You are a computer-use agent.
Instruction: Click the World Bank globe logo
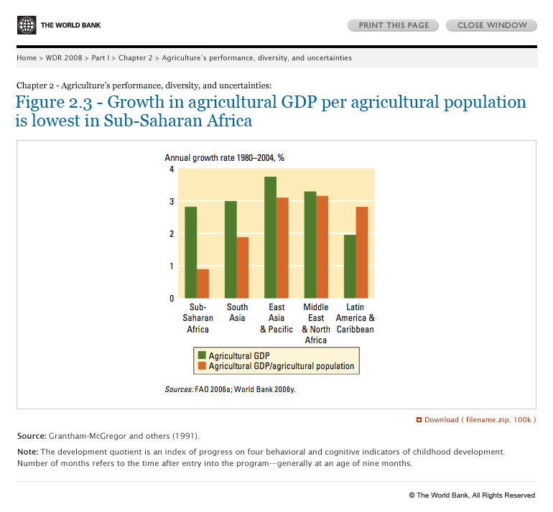pos(27,25)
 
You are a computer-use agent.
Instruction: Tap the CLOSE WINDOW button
pos(491,25)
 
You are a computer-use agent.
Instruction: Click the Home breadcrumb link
pos(27,57)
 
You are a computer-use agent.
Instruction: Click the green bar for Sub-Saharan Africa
pos(190,252)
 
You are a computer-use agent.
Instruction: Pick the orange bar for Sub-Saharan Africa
pos(203,284)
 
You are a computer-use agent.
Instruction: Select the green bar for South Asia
pos(231,249)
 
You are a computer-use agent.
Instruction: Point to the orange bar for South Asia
pos(243,267)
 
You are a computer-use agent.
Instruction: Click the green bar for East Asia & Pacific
pos(270,237)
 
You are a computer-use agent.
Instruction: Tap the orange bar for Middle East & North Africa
pos(322,247)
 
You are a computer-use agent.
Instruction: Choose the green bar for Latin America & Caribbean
pos(350,266)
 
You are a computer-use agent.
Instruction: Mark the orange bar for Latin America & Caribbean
pos(362,252)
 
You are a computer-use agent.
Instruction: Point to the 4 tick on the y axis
pos(172,169)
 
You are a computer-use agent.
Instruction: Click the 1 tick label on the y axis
pos(172,266)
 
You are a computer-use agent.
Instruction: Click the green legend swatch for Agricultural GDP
pos(202,355)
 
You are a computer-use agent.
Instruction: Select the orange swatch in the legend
pos(202,366)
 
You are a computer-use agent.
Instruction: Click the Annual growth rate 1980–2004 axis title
pos(220,157)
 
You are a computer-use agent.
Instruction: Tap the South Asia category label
pos(237,312)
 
